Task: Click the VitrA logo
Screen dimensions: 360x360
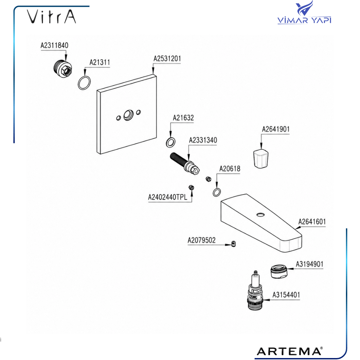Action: pos(51,17)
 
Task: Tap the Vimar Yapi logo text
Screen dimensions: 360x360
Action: pos(304,20)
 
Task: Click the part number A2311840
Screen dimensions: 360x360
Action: pos(54,45)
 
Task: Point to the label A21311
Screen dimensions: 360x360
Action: pos(99,62)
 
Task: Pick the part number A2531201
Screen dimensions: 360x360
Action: pos(167,59)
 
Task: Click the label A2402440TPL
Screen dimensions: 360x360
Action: pos(168,197)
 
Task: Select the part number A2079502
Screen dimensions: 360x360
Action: pos(202,240)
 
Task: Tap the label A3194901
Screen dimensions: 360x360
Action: pos(310,264)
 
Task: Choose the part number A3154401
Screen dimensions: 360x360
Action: pos(286,295)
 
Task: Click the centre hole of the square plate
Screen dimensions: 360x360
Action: pos(128,115)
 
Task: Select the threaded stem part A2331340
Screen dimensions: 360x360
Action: pos(185,163)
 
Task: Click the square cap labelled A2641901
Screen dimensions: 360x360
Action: pos(261,158)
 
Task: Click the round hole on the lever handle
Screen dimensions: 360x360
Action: pos(260,215)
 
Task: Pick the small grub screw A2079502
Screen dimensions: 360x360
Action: pos(233,243)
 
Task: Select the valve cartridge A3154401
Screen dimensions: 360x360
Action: pos(255,291)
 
